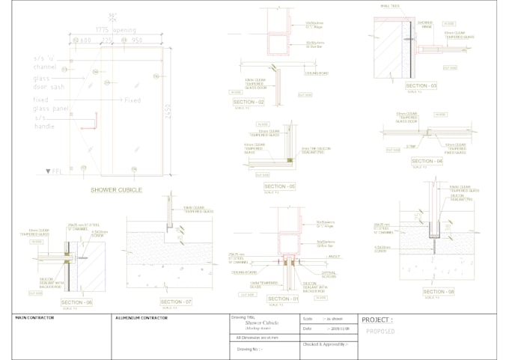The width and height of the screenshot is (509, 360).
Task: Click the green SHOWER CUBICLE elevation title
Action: coord(116,189)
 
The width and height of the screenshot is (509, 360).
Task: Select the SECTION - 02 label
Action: coord(249,102)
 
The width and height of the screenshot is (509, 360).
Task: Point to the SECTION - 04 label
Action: coord(427,161)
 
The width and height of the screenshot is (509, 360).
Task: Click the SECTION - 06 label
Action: coord(79,302)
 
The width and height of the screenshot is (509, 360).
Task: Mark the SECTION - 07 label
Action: coord(176,302)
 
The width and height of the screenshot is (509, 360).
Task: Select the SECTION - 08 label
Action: coord(438,292)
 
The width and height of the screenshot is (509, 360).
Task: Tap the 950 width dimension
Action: coord(137,40)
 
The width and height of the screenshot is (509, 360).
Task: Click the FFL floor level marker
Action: coord(54,171)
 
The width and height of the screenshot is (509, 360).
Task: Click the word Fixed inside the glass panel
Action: coord(132,100)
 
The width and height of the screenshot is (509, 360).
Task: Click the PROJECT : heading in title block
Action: coord(377,320)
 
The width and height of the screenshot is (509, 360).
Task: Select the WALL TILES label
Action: coord(391,6)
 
